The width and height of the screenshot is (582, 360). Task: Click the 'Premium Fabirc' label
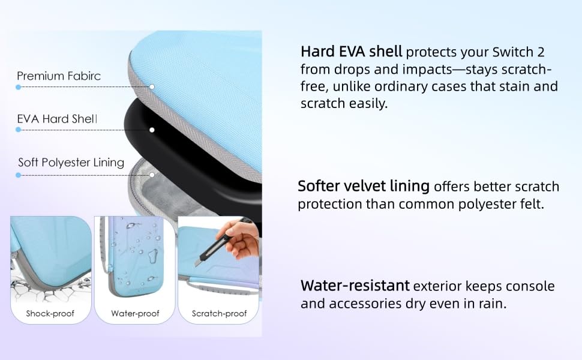coord(59,76)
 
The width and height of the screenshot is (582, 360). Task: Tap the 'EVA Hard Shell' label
coord(57,119)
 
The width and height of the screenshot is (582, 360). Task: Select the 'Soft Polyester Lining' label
coord(71,163)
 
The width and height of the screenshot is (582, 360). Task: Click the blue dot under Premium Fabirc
coord(18,87)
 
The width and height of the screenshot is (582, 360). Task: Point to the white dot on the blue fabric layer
coord(152,87)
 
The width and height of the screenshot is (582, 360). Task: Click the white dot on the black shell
coord(152,130)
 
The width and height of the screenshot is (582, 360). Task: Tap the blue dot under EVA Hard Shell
coord(18,130)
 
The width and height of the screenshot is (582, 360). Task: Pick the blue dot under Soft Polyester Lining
coord(18,175)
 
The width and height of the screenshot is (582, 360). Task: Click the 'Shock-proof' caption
coord(50,314)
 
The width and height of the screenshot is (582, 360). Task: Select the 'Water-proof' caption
coord(135,314)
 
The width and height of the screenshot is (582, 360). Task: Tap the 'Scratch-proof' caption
coord(220,314)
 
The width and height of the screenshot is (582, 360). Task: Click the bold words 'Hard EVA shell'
coord(351,52)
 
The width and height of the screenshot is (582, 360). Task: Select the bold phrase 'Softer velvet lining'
coord(364,186)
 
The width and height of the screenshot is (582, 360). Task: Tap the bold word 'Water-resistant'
coord(355,286)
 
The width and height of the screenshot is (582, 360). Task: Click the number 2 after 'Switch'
coord(541,52)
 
